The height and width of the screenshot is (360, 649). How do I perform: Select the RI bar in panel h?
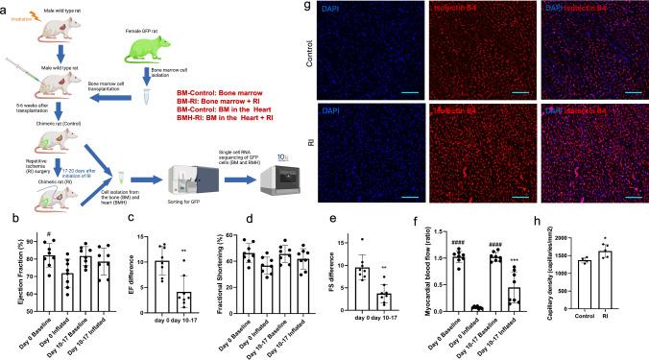click(607, 289)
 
